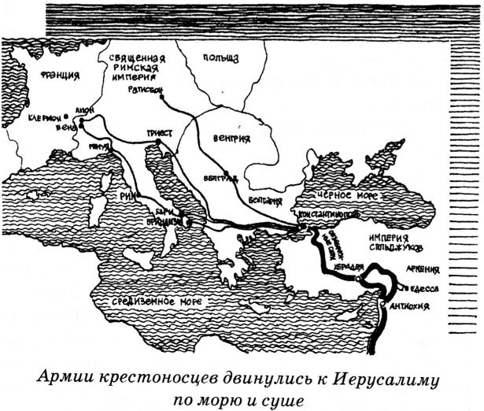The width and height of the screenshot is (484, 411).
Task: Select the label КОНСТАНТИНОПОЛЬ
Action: click(x=321, y=214)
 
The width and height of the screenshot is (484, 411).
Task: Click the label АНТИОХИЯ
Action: click(x=410, y=307)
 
